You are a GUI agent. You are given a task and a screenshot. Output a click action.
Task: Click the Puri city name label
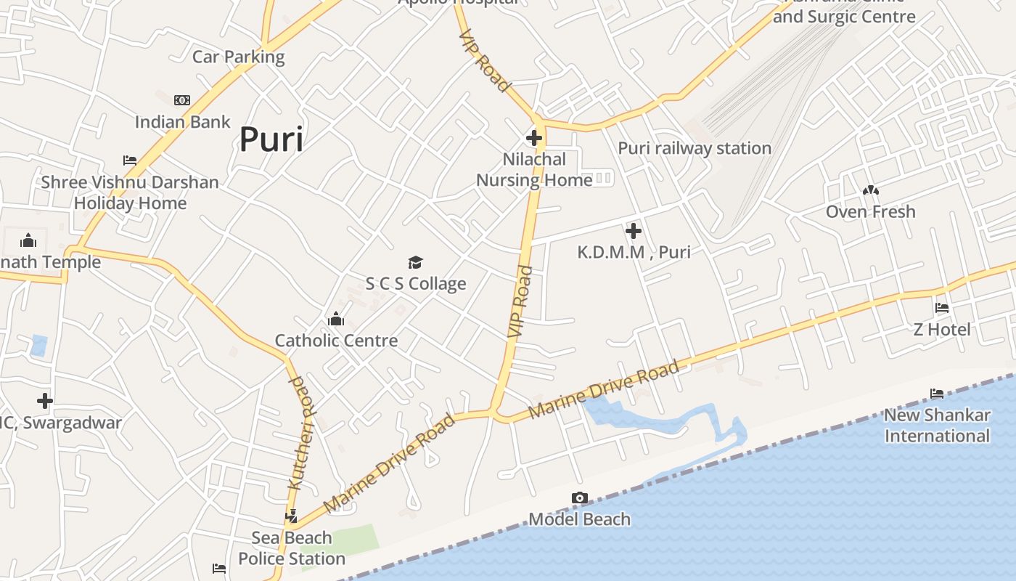click(271, 139)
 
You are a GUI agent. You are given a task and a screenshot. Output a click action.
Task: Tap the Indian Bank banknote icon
click(182, 100)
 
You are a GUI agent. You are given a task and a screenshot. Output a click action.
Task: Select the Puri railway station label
click(695, 148)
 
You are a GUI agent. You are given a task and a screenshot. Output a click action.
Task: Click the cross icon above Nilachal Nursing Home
click(534, 137)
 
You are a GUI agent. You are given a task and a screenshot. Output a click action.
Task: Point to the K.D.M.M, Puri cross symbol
click(634, 231)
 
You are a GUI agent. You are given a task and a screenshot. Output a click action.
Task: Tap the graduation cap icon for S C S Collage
click(415, 262)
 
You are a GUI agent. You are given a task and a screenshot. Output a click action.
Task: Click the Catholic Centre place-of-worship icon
click(335, 319)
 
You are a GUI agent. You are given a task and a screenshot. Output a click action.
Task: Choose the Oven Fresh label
click(870, 212)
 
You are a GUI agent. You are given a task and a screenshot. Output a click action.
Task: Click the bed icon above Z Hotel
click(942, 308)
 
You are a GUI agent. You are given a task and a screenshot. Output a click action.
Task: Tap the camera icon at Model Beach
click(579, 498)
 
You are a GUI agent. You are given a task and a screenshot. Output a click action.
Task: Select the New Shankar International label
click(936, 426)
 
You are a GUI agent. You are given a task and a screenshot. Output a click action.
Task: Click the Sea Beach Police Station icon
click(292, 516)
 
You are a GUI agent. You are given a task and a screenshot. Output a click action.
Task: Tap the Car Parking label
click(238, 57)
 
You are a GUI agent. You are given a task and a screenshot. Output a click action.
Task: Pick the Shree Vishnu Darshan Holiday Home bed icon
click(130, 161)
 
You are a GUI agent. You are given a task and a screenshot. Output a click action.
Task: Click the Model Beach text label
click(579, 519)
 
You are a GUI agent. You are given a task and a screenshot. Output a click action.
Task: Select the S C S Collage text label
click(416, 284)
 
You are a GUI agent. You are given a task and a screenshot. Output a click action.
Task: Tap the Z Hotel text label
click(941, 330)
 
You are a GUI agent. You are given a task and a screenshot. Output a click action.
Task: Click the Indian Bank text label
click(182, 122)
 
